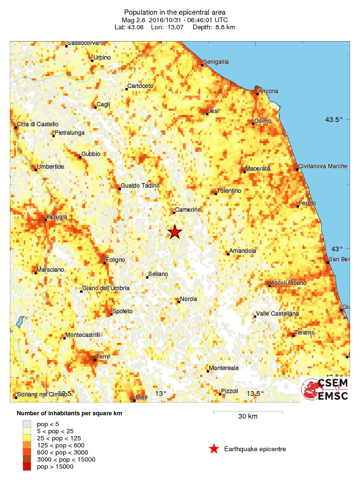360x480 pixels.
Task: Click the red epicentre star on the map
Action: tap(175, 231)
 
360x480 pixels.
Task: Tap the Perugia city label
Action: tap(56, 217)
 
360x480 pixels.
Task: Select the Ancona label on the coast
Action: tap(269, 91)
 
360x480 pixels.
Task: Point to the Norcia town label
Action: tap(189, 299)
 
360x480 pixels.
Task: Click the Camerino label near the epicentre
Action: tap(188, 209)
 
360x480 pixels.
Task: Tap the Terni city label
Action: tap(103, 356)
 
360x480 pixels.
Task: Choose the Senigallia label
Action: tap(216, 62)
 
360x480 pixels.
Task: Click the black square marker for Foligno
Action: tap(104, 263)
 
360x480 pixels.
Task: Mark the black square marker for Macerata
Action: tap(244, 171)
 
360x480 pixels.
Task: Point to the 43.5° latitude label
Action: tap(334, 120)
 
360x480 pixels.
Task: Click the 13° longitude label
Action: tap(161, 394)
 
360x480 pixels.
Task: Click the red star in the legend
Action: tap(214, 449)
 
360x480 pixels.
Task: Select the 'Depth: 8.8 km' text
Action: tap(214, 27)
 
